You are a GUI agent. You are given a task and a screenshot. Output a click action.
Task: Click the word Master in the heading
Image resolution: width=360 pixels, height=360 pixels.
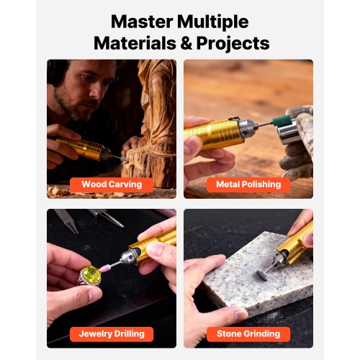(x=142, y=22)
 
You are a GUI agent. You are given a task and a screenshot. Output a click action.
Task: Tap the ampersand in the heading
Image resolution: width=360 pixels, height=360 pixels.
(x=186, y=43)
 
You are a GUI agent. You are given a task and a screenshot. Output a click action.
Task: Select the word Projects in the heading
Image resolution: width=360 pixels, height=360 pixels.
(x=233, y=44)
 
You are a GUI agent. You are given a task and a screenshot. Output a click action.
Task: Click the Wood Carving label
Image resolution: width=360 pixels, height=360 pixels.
(x=112, y=184)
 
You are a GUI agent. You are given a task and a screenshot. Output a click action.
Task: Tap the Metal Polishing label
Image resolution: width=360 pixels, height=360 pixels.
(x=248, y=184)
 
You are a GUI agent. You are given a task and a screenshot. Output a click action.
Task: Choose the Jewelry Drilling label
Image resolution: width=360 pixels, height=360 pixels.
(x=112, y=334)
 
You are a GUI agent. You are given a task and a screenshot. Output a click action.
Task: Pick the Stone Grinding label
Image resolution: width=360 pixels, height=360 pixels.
(x=248, y=334)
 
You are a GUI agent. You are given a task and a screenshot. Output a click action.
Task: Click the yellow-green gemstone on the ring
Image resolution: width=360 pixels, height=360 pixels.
(x=90, y=274)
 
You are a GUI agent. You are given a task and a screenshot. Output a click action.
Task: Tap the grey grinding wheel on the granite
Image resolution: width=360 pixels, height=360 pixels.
(x=261, y=273)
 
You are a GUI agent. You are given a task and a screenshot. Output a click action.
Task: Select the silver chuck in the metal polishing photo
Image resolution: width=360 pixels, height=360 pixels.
(x=248, y=129)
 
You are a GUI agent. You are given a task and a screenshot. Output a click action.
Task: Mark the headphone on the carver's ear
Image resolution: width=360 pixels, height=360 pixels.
(x=55, y=72)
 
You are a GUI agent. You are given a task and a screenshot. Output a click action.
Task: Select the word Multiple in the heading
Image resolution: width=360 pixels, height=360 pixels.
(x=212, y=22)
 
